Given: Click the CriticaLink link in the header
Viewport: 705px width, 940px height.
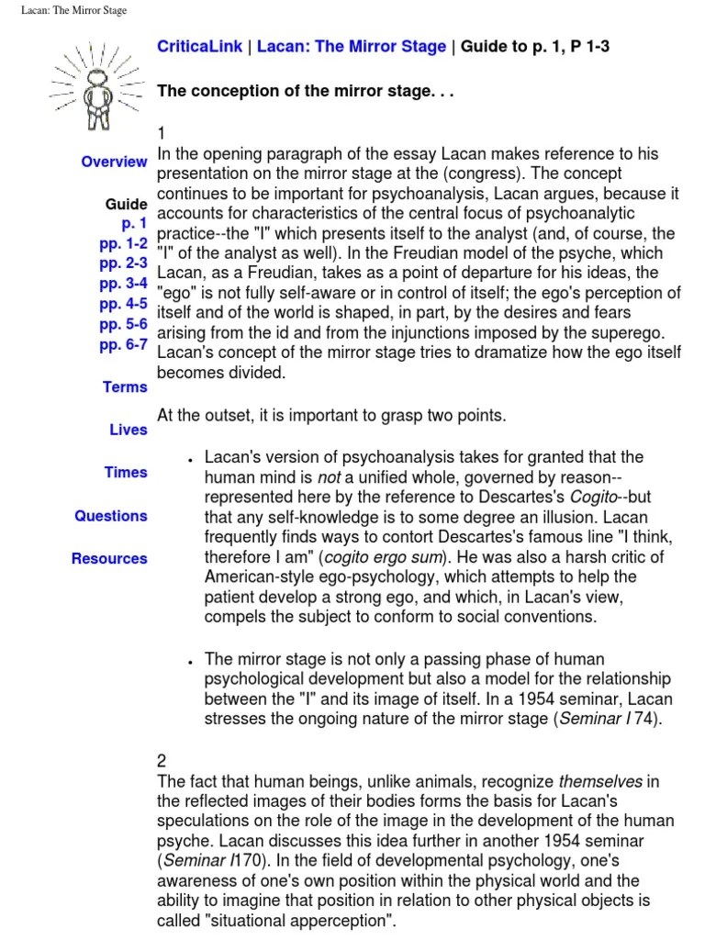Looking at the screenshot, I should click(x=199, y=48).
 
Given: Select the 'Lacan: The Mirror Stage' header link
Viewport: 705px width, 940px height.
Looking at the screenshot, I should click(x=352, y=48).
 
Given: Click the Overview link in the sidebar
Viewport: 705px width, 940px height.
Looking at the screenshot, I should click(x=114, y=162).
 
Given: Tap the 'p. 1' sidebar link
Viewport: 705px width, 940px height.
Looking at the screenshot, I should click(x=133, y=224).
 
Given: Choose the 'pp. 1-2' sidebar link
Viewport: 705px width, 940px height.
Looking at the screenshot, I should click(x=123, y=244).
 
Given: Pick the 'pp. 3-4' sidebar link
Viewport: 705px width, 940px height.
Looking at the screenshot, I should click(x=123, y=285).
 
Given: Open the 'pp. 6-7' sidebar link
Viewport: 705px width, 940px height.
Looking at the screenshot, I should click(x=123, y=345).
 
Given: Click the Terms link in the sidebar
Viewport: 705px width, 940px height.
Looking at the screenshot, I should click(x=125, y=387).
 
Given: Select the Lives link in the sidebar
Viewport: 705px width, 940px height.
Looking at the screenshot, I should click(x=128, y=430).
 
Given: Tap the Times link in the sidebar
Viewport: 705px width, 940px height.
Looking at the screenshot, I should click(x=126, y=472).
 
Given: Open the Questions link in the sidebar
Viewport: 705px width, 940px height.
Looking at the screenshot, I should click(x=111, y=516).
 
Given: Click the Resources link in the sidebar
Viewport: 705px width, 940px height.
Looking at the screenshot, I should click(x=109, y=558).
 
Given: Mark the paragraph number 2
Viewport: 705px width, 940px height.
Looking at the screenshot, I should click(x=162, y=761).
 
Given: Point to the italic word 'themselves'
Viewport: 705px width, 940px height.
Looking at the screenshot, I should click(x=601, y=781).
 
